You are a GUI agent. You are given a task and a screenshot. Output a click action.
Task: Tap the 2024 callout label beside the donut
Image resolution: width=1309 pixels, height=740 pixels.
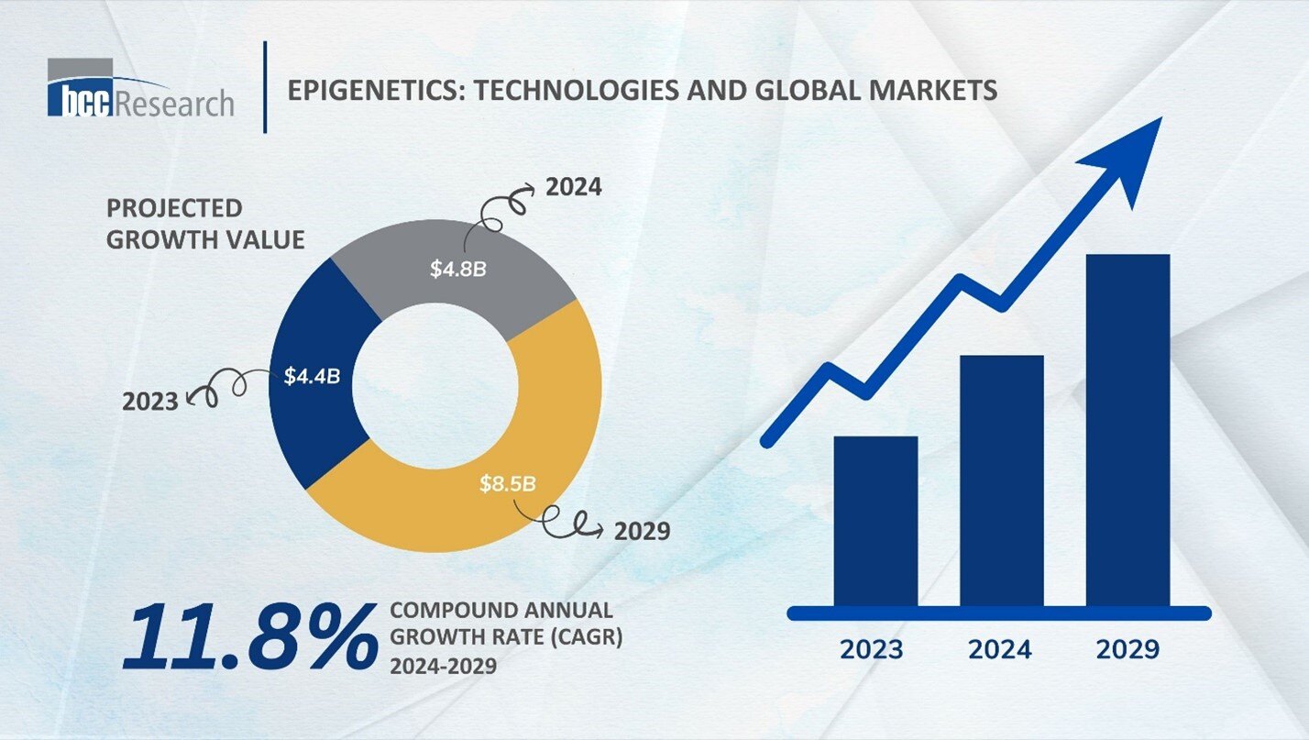coord(574,188)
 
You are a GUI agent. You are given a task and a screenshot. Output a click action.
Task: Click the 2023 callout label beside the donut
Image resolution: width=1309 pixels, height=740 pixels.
coord(150,401)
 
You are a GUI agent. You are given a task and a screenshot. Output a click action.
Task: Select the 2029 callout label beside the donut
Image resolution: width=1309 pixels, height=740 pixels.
coord(643,530)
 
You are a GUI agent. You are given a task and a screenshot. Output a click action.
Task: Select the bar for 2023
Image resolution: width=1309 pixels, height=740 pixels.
coord(874,520)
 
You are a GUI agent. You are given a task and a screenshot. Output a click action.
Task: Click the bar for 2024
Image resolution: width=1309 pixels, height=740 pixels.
coord(1001,480)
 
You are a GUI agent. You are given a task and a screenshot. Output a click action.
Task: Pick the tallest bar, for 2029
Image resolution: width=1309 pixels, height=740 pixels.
coord(1127,429)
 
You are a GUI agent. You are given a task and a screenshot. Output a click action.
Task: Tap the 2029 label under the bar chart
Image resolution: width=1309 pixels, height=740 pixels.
coord(1127,649)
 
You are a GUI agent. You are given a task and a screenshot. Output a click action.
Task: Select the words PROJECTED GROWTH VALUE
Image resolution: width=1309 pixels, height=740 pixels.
coord(204,224)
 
